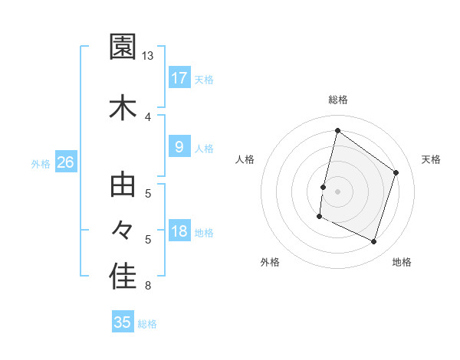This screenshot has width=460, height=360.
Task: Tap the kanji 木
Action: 123,108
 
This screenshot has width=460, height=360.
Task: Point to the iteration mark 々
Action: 123,230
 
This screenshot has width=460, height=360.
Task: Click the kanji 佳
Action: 123,277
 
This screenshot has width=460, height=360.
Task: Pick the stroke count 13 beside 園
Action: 148,56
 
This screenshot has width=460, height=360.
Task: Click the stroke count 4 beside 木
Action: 148,116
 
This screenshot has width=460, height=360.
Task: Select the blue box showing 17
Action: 179,78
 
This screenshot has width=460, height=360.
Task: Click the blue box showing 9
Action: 179,147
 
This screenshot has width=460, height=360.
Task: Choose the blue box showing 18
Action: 179,232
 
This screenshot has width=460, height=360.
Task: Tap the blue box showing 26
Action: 65,162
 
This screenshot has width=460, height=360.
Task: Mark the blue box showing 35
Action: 123,322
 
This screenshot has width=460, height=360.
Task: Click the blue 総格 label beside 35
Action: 147,324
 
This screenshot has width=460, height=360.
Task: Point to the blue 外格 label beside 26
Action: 41,163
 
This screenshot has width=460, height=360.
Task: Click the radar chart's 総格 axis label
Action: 338,100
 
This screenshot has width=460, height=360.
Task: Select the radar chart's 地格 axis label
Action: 402,262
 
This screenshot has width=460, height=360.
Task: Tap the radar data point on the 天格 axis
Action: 396,172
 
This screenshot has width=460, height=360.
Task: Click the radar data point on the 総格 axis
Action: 337,131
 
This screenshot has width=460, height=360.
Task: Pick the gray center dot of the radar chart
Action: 337,191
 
